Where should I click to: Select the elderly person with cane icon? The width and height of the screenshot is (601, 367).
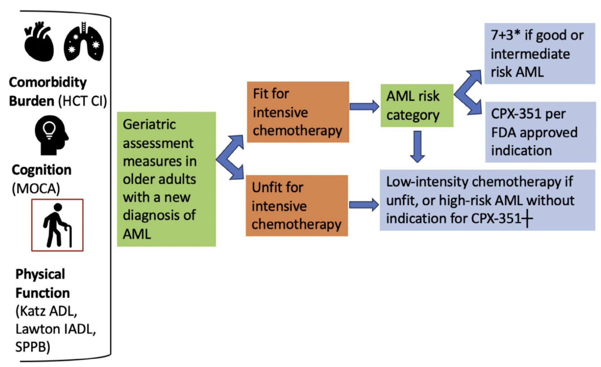click(57, 225)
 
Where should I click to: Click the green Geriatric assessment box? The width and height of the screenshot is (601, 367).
click(166, 179)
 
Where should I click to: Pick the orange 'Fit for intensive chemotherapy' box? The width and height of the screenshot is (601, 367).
click(298, 112)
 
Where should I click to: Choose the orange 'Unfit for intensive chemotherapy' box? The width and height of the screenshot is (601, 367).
click(297, 205)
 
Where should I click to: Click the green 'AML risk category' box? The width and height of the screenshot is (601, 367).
click(417, 106)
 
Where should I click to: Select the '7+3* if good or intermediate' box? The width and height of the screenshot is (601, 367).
click(540, 54)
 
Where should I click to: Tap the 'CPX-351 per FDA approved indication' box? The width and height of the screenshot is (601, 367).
click(541, 132)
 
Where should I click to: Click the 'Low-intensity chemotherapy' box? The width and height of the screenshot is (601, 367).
click(488, 200)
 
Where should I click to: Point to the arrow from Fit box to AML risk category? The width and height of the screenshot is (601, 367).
click(364, 107)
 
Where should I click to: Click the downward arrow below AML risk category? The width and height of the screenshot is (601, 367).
click(417, 147)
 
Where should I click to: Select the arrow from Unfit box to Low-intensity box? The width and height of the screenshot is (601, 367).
click(364, 205)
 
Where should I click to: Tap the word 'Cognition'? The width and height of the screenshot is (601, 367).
click(41, 170)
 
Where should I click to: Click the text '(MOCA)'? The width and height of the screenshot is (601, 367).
click(36, 188)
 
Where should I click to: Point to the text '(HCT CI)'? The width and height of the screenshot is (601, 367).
click(83, 101)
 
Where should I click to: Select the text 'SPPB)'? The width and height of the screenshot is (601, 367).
click(33, 347)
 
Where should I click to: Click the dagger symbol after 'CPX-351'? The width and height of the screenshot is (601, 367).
click(527, 218)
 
